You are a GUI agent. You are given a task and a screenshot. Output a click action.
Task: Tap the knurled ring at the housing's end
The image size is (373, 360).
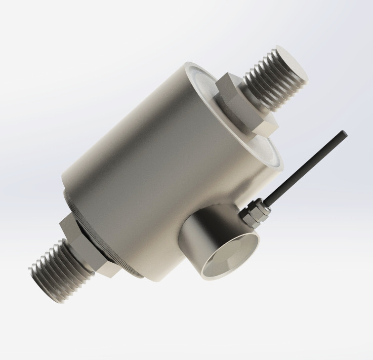tap(99, 232)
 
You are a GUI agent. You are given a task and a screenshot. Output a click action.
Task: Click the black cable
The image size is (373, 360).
tap(306, 168)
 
